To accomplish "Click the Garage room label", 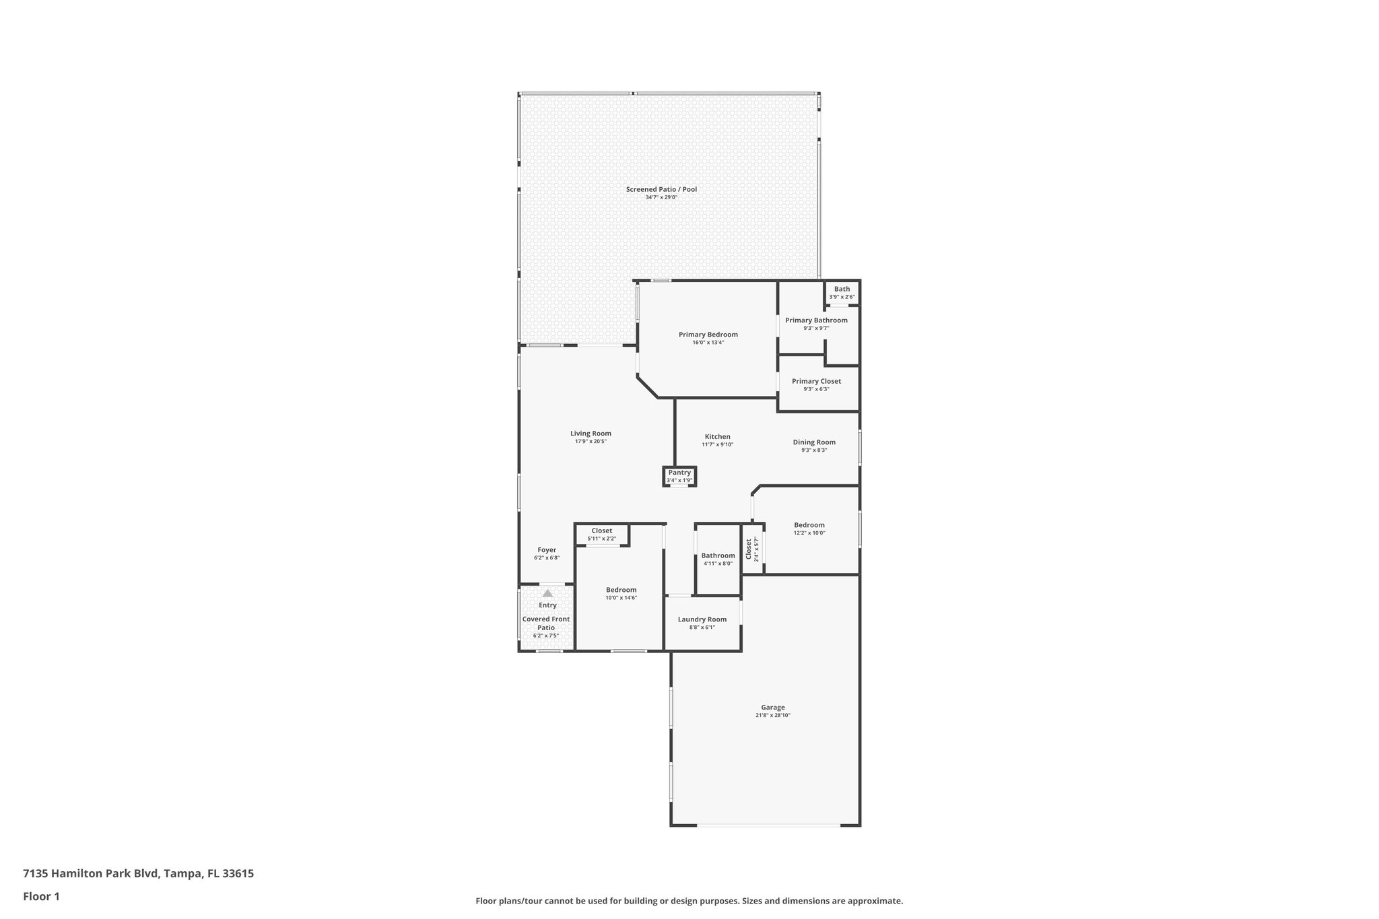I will [x=772, y=708].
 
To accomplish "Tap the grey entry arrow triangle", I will [x=547, y=593].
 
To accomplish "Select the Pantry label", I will [x=679, y=473].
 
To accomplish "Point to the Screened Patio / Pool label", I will [x=661, y=190].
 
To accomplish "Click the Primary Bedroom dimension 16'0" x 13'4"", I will [x=708, y=343].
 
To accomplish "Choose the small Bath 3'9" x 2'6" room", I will [x=842, y=293].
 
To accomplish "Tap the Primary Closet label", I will [x=816, y=381].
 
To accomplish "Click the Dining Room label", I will [x=814, y=442].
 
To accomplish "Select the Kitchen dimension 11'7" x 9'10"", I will [x=717, y=444].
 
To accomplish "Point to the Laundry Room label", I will [x=702, y=619].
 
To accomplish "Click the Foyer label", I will [x=547, y=550].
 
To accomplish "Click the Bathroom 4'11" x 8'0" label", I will [x=718, y=556].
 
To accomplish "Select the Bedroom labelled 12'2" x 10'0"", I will [x=809, y=525].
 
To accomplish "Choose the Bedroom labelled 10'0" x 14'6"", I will [x=620, y=590].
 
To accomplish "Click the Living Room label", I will [x=591, y=434].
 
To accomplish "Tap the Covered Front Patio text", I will [x=546, y=623].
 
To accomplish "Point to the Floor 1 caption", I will [x=41, y=896].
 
